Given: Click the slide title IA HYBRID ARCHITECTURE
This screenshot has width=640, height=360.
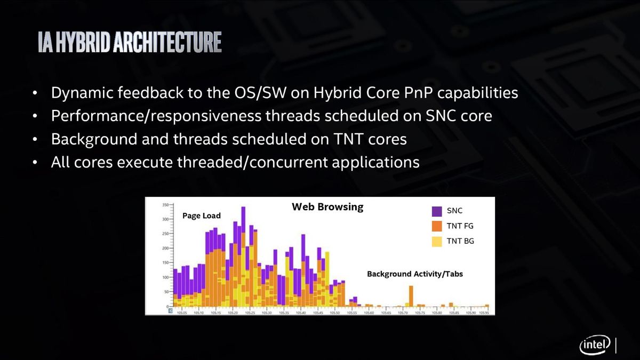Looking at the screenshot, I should (x=130, y=43).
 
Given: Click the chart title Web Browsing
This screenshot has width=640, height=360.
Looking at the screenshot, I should (x=327, y=207).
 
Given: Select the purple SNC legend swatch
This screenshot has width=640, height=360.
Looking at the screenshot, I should (x=436, y=211).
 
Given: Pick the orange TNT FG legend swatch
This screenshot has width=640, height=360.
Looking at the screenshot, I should (x=436, y=226).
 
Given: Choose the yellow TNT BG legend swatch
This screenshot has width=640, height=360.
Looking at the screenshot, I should (x=436, y=241).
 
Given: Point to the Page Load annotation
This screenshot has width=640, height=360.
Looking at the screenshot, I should (x=201, y=215).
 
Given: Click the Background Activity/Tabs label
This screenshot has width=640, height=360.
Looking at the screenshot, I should (x=414, y=274).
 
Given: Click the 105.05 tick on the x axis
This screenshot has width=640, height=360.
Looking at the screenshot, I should (x=182, y=313).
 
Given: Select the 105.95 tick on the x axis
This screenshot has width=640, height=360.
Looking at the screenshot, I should (x=484, y=313).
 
